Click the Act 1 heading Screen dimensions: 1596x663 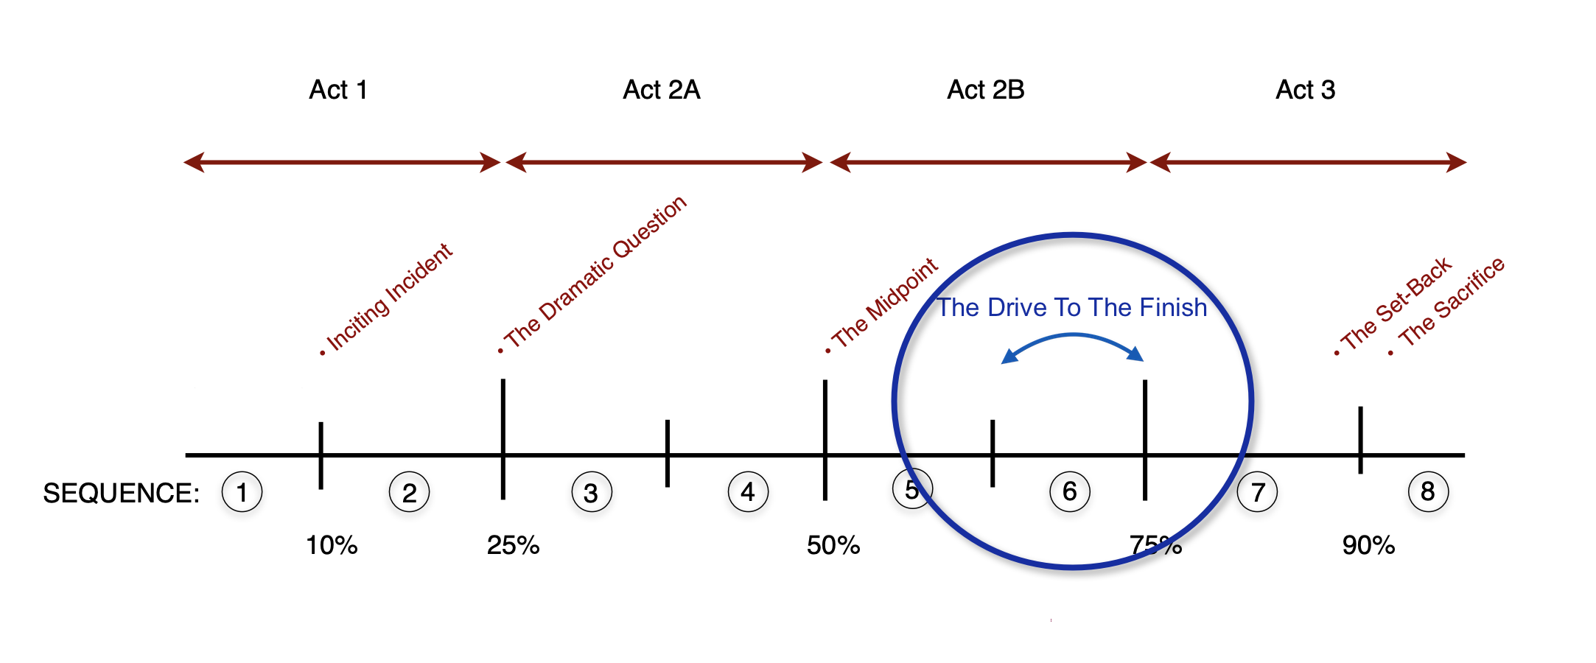tap(337, 90)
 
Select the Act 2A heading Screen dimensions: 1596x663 tap(661, 90)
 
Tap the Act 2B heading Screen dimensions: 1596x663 tap(985, 90)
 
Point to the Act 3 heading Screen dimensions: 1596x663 tap(1305, 90)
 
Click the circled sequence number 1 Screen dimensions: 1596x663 tap(242, 492)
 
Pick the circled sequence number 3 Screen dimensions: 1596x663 tap(591, 493)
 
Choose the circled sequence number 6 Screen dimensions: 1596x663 tap(1070, 492)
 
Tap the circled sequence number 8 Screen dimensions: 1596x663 tap(1428, 492)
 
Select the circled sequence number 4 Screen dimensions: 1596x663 tap(748, 492)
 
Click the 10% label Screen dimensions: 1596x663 tap(332, 546)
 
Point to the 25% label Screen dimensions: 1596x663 tap(513, 546)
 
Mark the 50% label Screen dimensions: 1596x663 tap(833, 546)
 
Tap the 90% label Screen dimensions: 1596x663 tap(1368, 546)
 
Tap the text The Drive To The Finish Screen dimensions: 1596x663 tap(1071, 307)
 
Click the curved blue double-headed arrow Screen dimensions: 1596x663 tap(1073, 337)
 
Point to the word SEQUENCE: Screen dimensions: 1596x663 tap(122, 493)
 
